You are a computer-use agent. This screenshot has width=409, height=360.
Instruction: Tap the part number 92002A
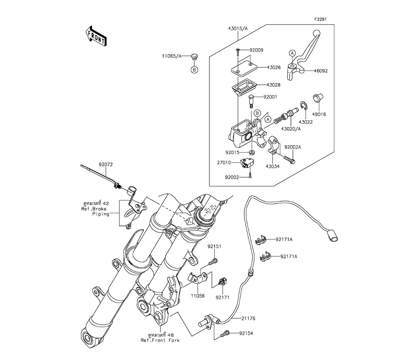293,147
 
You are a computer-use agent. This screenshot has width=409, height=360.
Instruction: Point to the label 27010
224,162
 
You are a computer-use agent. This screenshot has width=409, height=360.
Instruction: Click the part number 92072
105,164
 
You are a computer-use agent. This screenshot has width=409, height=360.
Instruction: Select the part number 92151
214,246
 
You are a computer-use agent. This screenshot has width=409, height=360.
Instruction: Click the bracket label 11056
198,295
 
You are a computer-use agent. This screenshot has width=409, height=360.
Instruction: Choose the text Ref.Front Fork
160,340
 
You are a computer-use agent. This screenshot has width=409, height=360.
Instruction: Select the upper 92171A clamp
261,239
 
